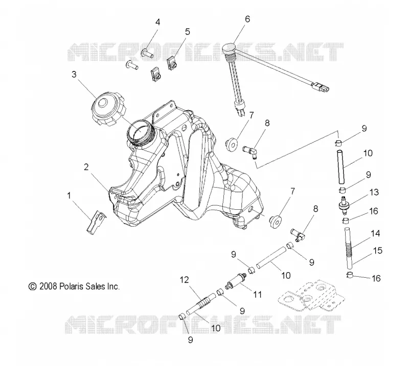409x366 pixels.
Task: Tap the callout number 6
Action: (x=247, y=19)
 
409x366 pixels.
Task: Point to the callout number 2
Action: (x=86, y=167)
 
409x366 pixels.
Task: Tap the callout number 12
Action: (x=184, y=280)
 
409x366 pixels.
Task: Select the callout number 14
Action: (x=375, y=233)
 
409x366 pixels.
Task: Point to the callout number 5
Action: (x=187, y=32)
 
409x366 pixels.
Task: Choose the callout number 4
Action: (x=158, y=22)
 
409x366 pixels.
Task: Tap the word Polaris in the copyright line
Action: (x=70, y=286)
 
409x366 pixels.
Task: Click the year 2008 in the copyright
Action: (x=48, y=286)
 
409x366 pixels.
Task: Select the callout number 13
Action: (x=374, y=192)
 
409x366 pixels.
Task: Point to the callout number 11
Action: (x=257, y=295)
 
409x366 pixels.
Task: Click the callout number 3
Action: (x=74, y=75)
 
